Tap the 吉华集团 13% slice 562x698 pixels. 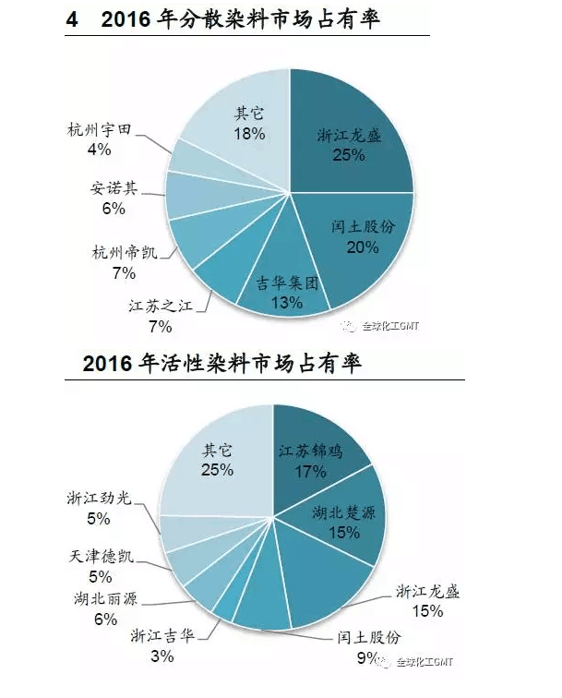[277, 286]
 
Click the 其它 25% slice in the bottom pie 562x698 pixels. [218, 459]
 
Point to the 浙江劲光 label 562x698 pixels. [99, 499]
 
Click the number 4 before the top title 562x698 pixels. [72, 19]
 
